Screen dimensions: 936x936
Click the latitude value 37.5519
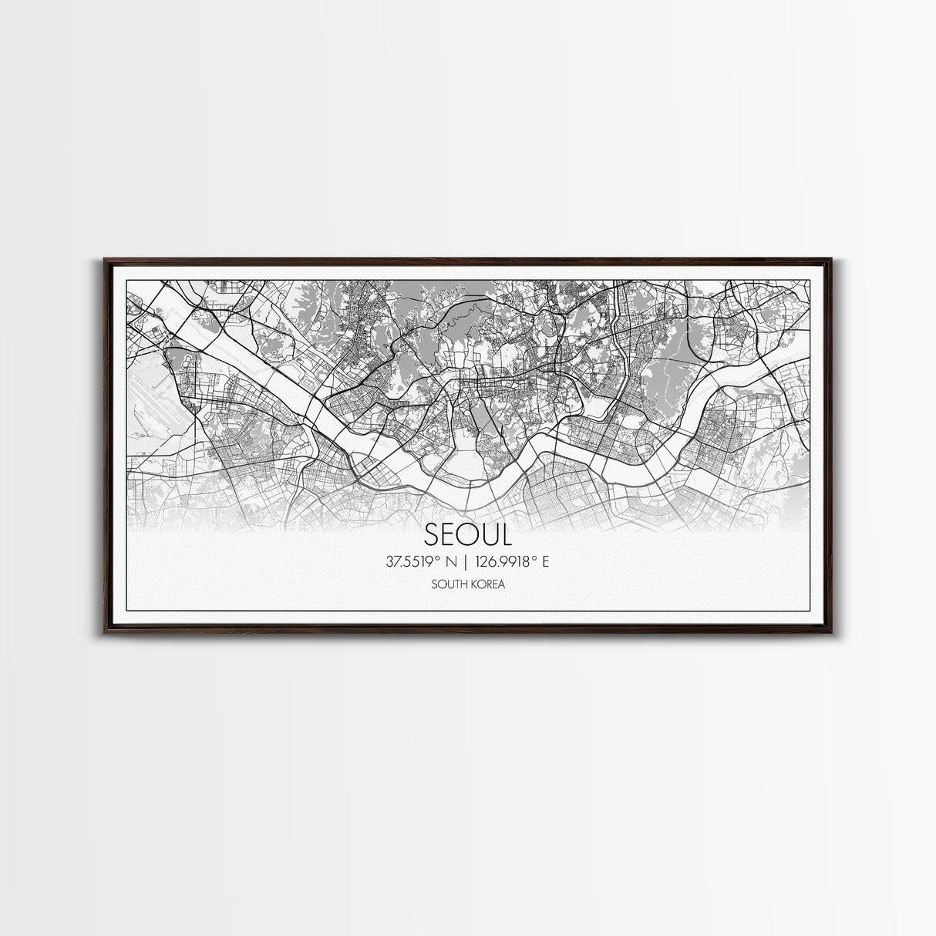point(412,561)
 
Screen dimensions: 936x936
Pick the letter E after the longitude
point(545,561)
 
